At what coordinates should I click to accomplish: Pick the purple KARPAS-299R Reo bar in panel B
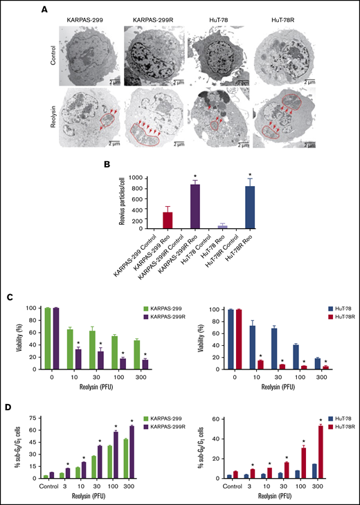click(196, 206)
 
